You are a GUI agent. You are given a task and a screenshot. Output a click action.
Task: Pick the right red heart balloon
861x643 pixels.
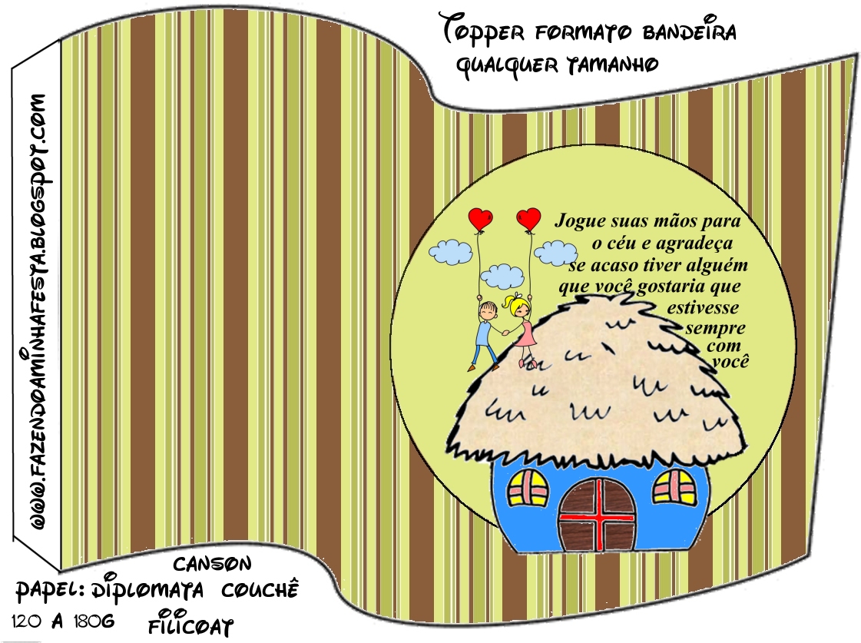[x=528, y=218]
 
